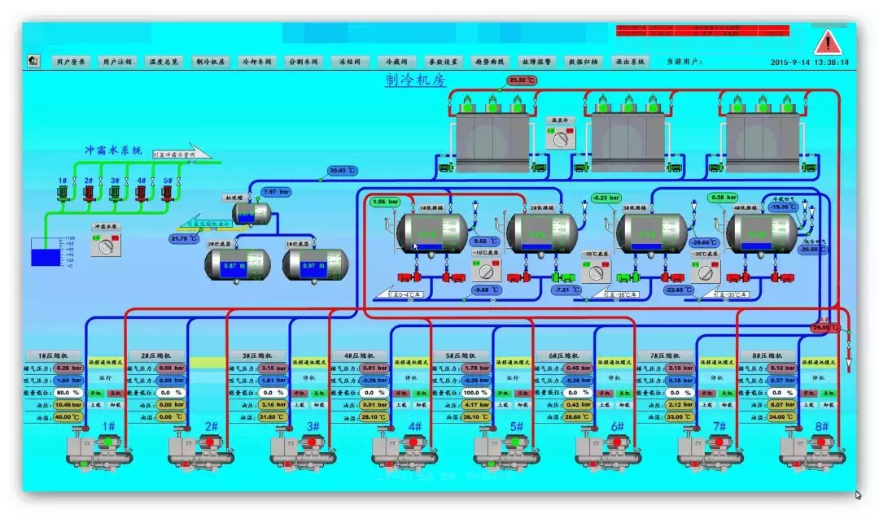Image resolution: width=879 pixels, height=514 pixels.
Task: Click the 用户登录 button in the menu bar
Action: pos(70,61)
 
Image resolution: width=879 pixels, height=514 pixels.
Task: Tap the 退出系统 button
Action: pos(630,61)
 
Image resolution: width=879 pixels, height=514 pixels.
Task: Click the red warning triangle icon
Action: pos(828,41)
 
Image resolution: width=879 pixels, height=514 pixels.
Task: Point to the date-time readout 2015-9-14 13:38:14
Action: pos(810,62)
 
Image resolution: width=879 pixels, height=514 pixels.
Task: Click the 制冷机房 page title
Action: pos(416,80)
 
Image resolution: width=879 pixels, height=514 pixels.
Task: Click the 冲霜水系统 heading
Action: pos(114,150)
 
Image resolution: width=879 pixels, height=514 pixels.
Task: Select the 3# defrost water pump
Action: pos(115,193)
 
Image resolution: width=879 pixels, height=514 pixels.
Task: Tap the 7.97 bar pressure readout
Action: pos(274,193)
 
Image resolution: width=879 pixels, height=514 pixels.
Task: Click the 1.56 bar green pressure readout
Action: pos(385,202)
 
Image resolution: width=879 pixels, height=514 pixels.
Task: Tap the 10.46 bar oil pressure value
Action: pos(68,404)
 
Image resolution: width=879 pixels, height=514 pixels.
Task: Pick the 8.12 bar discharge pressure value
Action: pos(781,368)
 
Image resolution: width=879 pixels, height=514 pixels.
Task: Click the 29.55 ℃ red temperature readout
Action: pos(824,328)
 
